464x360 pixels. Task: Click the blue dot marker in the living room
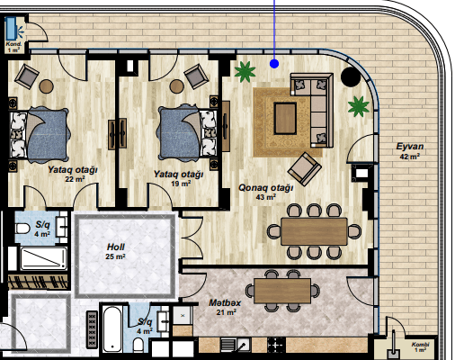click(274, 64)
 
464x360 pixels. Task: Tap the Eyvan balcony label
click(410, 147)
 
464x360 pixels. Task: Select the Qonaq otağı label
click(265, 188)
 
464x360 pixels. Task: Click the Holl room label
click(116, 247)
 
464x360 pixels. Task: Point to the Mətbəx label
click(225, 302)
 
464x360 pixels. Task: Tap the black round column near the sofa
click(351, 76)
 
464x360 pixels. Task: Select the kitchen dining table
click(282, 291)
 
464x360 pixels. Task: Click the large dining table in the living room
click(314, 231)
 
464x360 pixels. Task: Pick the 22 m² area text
click(75, 179)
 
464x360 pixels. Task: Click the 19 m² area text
click(181, 184)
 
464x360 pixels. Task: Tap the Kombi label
click(420, 345)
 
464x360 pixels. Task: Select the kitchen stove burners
click(276, 345)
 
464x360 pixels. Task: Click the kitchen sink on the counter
click(244, 345)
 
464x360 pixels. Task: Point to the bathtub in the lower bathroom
click(112, 329)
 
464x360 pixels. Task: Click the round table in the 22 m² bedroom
click(46, 86)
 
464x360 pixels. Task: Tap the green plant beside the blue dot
click(245, 71)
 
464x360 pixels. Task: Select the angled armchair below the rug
click(305, 169)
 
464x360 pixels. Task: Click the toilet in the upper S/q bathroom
click(22, 229)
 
